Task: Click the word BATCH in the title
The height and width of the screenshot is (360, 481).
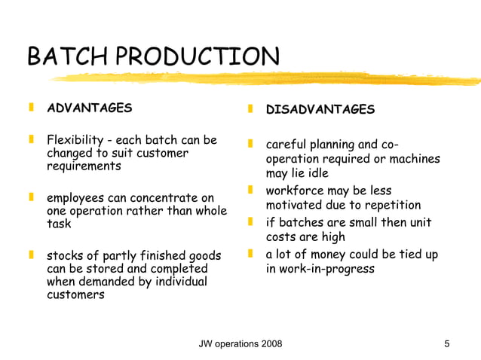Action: [x=61, y=57]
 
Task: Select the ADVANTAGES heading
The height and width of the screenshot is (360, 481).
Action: [x=88, y=108]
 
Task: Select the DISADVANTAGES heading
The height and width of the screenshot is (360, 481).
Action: [x=320, y=110]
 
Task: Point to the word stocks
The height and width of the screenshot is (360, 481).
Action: [x=64, y=255]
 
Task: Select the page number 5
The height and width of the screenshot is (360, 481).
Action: [x=447, y=344]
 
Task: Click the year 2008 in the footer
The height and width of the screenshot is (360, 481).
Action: [x=269, y=344]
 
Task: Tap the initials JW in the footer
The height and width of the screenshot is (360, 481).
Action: [x=206, y=344]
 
